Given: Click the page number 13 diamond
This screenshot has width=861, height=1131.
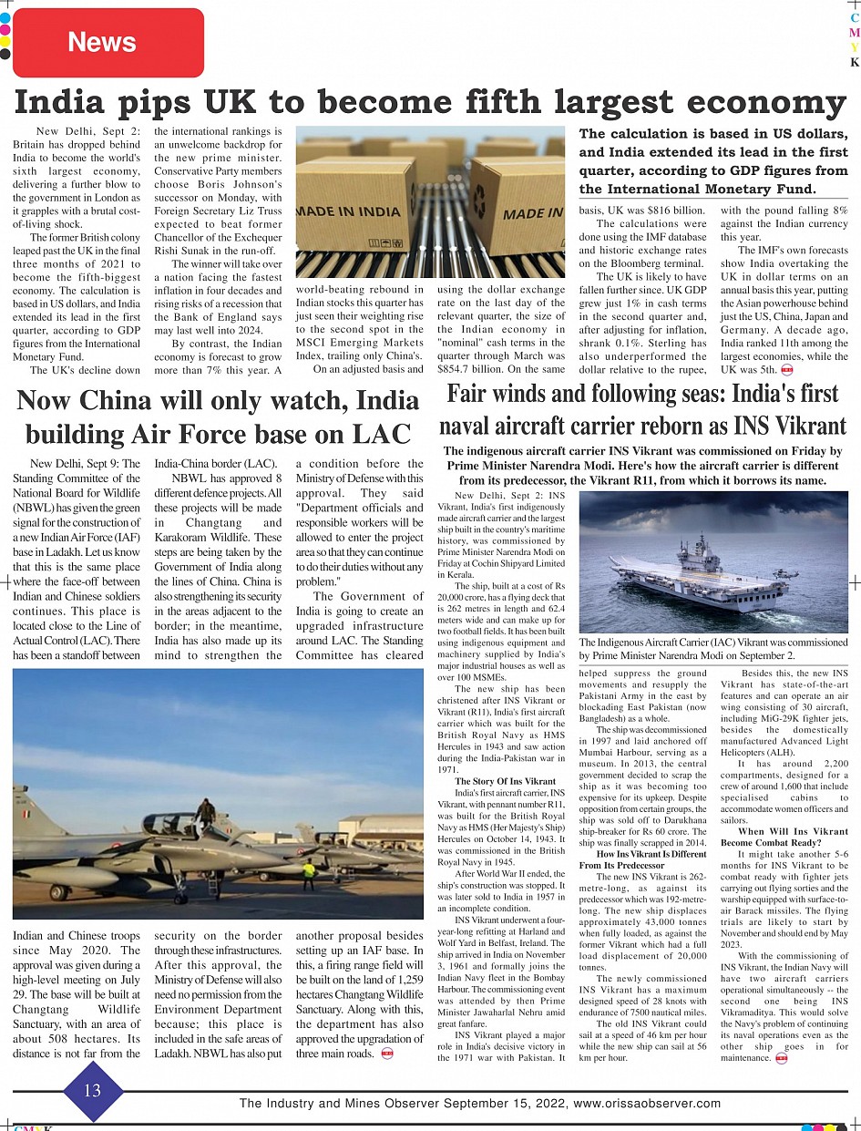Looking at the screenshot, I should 92,1090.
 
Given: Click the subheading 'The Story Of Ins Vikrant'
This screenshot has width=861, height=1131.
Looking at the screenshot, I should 505,781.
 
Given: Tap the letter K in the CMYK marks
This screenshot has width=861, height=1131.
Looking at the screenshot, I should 854,63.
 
